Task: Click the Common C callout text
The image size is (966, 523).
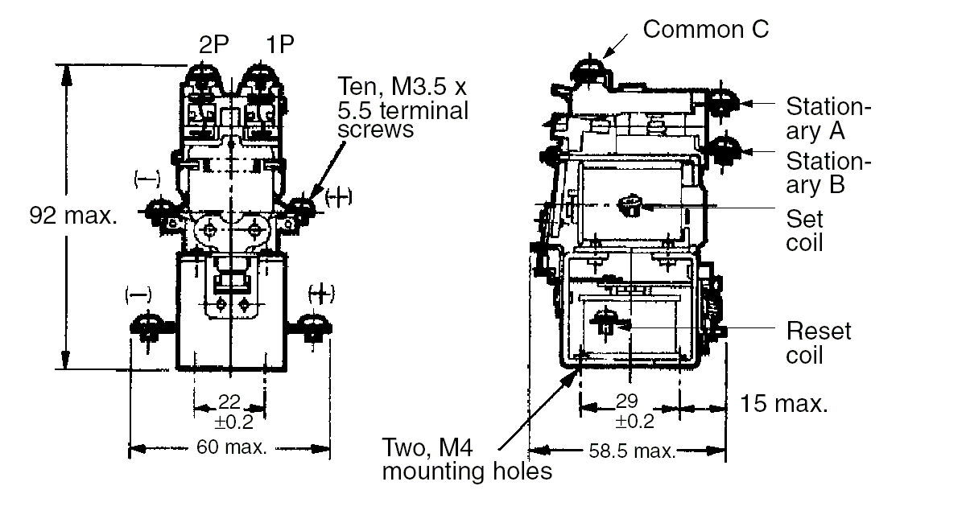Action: pos(706,30)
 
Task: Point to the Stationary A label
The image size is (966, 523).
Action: pos(828,117)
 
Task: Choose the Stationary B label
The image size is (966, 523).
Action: pos(828,171)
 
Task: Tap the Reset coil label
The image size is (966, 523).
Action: pos(818,342)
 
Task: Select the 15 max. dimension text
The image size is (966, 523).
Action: pos(784,404)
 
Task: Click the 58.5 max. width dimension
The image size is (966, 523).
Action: pos(632,451)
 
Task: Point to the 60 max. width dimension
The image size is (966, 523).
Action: pos(231,447)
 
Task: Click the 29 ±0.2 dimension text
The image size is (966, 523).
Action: pos(634,410)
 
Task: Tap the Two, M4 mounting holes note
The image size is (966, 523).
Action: pos(467,459)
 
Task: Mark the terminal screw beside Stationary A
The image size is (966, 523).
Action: pos(721,102)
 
